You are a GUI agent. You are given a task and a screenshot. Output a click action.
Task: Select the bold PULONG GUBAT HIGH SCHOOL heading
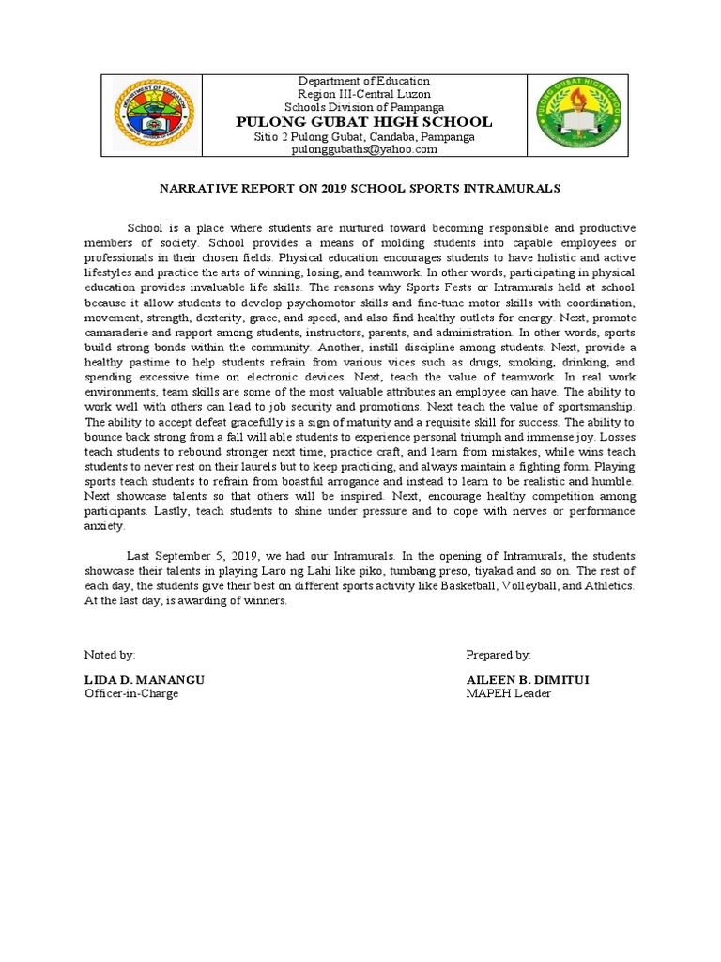tap(365, 122)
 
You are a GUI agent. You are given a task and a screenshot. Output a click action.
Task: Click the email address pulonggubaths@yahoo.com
tap(365, 149)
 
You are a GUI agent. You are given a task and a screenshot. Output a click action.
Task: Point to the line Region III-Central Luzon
tap(365, 95)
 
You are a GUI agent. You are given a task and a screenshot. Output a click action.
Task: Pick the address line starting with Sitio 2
tap(365, 136)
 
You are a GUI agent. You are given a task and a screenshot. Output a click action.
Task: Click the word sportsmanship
tap(591, 407)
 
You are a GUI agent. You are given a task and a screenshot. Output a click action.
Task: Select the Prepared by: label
tap(499, 654)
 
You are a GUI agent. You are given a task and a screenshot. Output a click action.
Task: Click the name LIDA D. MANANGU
tap(145, 679)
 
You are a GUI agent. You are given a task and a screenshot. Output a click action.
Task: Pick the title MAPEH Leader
tap(508, 693)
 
